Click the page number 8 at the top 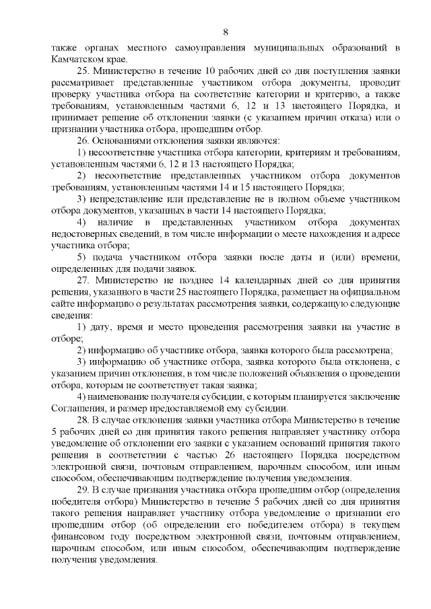coord(226,32)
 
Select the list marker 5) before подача coord(83,258)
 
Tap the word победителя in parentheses coord(75,504)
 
